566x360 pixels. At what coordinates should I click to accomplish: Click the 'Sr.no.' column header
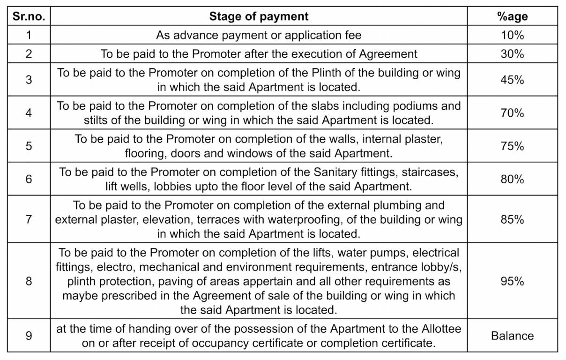(29, 17)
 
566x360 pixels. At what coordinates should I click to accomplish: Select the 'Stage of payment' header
(259, 17)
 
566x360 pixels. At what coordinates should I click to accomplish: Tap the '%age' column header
(512, 17)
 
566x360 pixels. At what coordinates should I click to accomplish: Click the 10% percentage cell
(512, 35)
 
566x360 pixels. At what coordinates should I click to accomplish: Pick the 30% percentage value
(512, 54)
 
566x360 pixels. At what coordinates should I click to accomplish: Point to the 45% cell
(512, 80)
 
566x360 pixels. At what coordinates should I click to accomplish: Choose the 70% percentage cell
(512, 113)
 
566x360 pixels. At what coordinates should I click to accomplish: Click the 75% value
(512, 146)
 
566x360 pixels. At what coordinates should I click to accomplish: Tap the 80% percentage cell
(512, 179)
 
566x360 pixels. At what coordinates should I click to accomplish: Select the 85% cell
(512, 219)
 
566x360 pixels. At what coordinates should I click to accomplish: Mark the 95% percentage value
(512, 281)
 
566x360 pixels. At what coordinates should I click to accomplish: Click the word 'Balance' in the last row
(512, 336)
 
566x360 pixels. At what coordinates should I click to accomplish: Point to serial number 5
(29, 146)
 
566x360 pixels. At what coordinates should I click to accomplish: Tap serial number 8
(29, 281)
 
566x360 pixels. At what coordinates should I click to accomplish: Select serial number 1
(29, 35)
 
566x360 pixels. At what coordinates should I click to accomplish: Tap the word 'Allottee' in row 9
(442, 329)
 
